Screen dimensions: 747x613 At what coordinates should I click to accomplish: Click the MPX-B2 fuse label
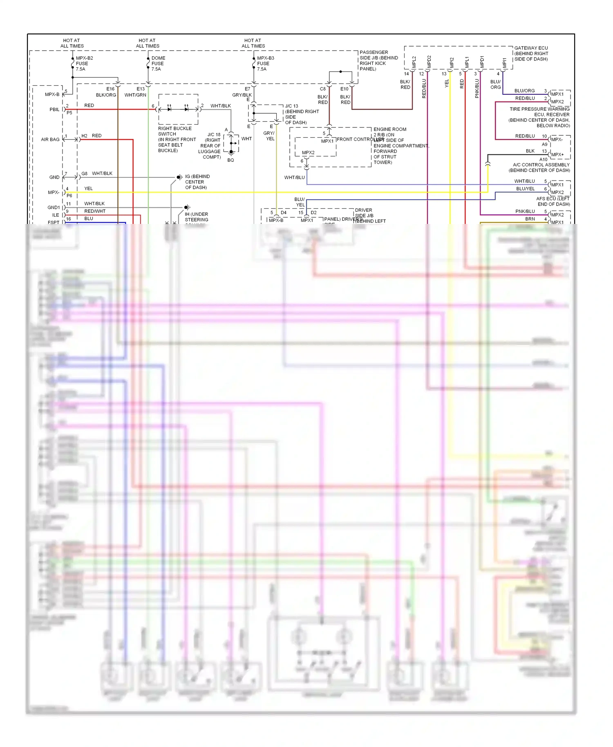(x=84, y=58)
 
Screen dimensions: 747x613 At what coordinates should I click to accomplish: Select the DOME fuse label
(x=158, y=58)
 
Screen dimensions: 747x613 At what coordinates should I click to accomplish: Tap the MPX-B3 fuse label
(x=265, y=58)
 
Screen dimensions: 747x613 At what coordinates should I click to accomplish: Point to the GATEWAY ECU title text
(x=531, y=48)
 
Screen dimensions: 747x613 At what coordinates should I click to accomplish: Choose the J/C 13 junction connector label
(x=291, y=106)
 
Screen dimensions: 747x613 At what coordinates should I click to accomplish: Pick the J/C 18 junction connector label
(x=214, y=134)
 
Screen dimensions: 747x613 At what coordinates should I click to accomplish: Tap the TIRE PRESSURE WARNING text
(x=539, y=109)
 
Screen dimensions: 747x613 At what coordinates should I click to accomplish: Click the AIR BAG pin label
(x=50, y=139)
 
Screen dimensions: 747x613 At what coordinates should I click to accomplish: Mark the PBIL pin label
(x=54, y=110)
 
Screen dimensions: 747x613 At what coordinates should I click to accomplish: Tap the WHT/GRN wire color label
(x=135, y=95)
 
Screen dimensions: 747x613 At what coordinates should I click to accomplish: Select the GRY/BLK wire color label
(x=242, y=95)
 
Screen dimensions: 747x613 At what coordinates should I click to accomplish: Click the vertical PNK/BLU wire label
(x=477, y=88)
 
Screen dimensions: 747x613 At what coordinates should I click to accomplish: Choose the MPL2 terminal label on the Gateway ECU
(x=414, y=62)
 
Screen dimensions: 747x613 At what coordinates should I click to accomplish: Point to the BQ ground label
(x=230, y=160)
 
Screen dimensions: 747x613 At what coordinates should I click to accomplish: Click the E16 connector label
(x=110, y=89)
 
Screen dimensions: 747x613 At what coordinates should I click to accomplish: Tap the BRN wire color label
(x=530, y=219)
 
